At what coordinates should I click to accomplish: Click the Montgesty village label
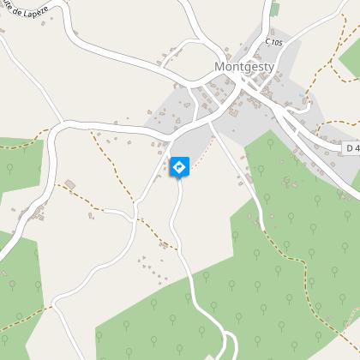click(243, 66)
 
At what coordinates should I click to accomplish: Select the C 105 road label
click(273, 40)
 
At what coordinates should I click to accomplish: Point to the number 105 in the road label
click(276, 40)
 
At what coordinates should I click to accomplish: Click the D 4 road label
click(352, 147)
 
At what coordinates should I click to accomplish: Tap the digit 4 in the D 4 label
click(356, 147)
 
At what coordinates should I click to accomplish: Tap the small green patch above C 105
click(274, 10)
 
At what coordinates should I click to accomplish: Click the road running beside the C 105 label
click(261, 51)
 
